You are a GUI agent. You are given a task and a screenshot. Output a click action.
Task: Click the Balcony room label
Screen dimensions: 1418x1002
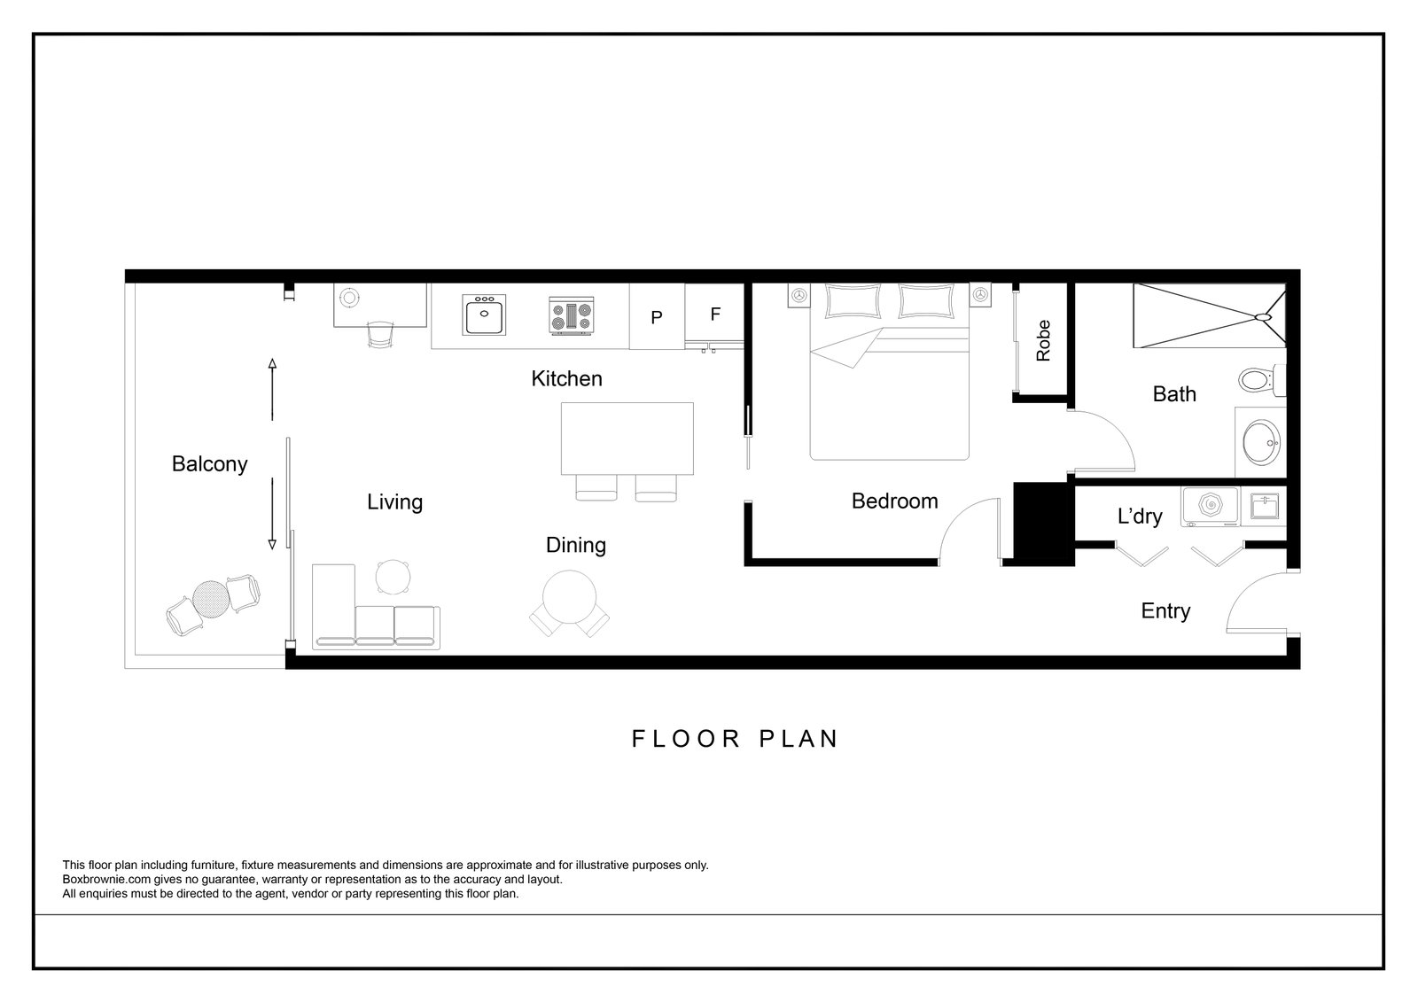(x=209, y=464)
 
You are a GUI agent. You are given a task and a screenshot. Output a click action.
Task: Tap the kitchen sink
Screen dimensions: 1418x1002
(x=484, y=315)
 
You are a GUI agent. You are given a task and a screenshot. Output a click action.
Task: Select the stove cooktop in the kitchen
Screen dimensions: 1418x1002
(x=572, y=316)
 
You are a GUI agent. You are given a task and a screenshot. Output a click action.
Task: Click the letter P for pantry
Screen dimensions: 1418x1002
(x=657, y=317)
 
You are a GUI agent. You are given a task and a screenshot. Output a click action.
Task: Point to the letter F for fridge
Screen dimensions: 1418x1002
(x=715, y=314)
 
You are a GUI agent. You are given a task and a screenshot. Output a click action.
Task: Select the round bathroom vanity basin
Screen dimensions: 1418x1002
(x=1261, y=442)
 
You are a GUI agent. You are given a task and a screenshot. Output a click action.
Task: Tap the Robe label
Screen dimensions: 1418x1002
(x=1043, y=340)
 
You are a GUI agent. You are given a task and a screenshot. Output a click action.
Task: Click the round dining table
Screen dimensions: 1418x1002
(x=570, y=597)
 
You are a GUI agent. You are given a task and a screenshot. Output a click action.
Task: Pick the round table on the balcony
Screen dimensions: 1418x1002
(x=210, y=600)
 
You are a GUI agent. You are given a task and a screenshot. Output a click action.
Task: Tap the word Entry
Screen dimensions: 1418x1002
(x=1165, y=611)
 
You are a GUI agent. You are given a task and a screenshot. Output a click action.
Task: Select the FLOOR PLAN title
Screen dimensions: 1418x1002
(x=735, y=739)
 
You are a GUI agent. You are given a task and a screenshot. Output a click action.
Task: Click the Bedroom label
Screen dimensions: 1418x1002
(x=894, y=501)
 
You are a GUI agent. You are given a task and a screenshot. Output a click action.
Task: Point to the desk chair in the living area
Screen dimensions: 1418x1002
(x=380, y=334)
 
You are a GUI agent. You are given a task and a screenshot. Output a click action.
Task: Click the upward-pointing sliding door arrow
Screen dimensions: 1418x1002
(x=272, y=389)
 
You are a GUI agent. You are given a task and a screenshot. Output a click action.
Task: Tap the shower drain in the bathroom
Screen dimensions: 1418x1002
(x=1263, y=317)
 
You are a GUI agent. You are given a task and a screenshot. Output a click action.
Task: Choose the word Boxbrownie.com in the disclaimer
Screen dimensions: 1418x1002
(x=106, y=879)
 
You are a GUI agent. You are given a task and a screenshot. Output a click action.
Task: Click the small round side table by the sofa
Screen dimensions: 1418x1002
(x=393, y=578)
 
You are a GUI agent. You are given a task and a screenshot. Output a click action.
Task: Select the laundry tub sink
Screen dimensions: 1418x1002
(x=1265, y=507)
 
